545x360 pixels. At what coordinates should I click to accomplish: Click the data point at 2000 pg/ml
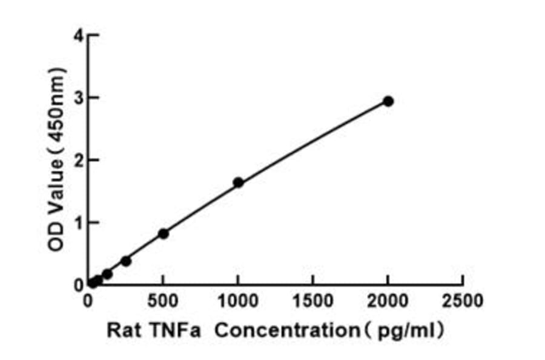click(388, 101)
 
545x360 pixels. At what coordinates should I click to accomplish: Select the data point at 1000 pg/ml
click(238, 182)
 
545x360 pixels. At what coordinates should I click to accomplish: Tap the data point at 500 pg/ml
click(163, 233)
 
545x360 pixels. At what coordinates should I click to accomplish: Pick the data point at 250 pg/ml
click(126, 261)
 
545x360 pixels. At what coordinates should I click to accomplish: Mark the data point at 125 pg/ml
click(107, 274)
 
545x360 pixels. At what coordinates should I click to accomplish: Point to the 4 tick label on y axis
click(78, 36)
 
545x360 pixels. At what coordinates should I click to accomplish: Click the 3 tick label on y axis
click(78, 98)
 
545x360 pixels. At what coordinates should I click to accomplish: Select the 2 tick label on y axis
click(78, 161)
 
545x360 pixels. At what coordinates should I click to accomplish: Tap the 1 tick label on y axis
click(78, 223)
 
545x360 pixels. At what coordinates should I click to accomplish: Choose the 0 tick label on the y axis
click(78, 285)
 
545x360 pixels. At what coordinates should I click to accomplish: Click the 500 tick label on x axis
click(163, 301)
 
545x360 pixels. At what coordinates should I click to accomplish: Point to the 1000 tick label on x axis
click(238, 301)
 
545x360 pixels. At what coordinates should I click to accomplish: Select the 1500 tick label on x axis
click(313, 301)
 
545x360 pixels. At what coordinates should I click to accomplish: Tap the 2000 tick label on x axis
click(388, 301)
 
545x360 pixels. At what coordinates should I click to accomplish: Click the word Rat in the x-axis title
click(122, 332)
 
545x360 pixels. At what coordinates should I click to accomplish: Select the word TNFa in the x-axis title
click(174, 332)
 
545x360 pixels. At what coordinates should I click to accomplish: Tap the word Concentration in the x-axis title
click(287, 332)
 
